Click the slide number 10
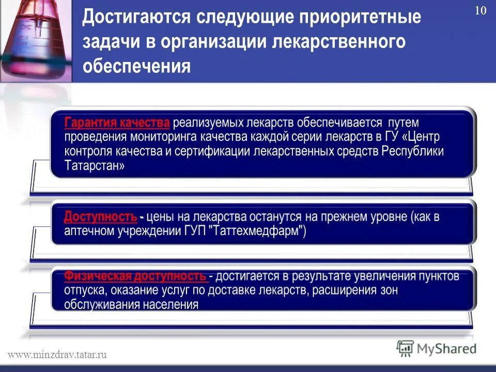(480, 11)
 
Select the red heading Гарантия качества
(117, 123)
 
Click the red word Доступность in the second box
(101, 216)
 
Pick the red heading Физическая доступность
(135, 276)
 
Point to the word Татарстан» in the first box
(95, 166)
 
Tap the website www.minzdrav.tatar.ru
(57, 354)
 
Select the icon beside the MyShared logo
(406, 349)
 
